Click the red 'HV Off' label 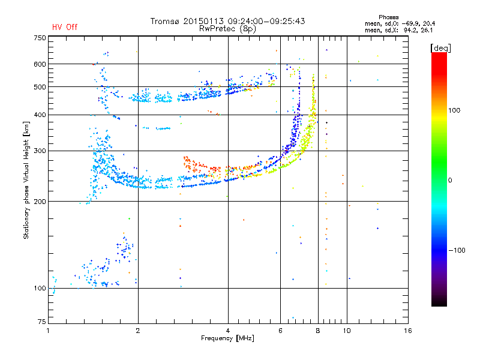pos(64,27)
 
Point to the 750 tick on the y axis pos(40,38)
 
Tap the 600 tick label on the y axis pos(40,64)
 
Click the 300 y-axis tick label pos(40,151)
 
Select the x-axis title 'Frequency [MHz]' pos(228,338)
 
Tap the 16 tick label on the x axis pos(407,330)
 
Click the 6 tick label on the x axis pos(280,330)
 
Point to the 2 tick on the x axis pos(138,330)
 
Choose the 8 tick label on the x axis pos(318,330)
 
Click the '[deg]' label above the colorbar pos(441,47)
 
